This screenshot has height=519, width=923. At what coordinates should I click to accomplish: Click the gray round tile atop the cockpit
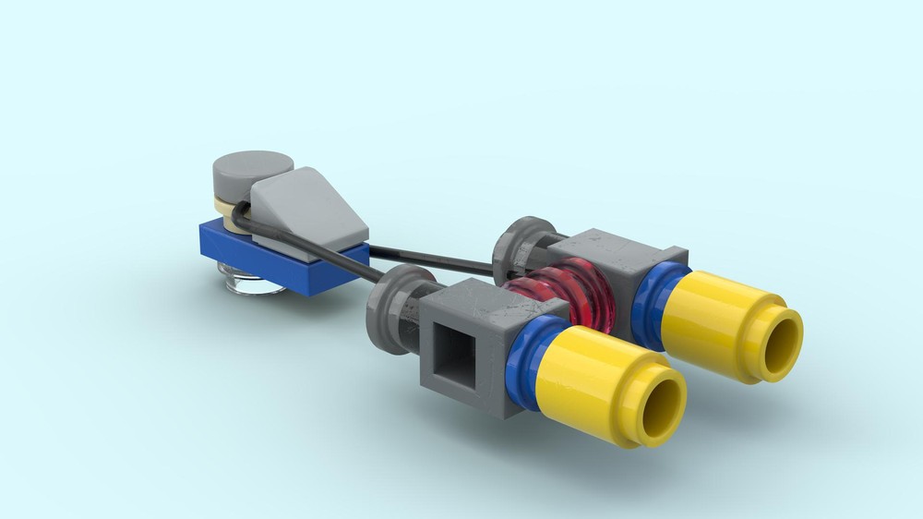pyautogui.click(x=251, y=169)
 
